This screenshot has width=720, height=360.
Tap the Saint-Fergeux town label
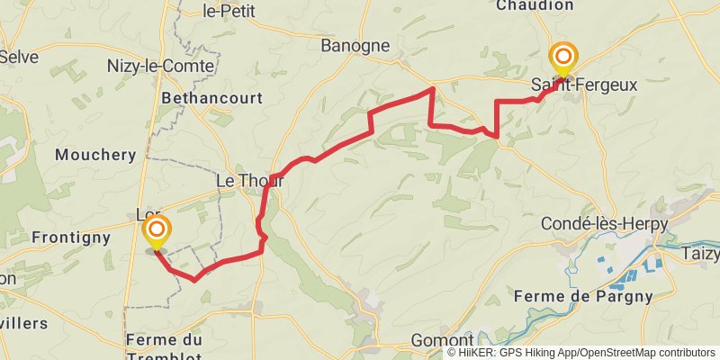point(583,85)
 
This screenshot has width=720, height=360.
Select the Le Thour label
point(250,181)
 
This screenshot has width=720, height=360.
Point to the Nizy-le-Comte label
point(160,67)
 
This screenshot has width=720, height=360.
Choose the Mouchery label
point(94,155)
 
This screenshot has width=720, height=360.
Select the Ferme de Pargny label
point(583,296)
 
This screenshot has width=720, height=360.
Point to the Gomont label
point(441,341)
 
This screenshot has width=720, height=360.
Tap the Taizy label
point(702,254)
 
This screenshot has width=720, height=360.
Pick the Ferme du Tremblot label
point(164,346)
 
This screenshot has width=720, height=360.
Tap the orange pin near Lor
point(157,231)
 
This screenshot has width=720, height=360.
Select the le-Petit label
point(229,12)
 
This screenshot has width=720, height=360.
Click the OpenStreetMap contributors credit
point(647,353)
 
